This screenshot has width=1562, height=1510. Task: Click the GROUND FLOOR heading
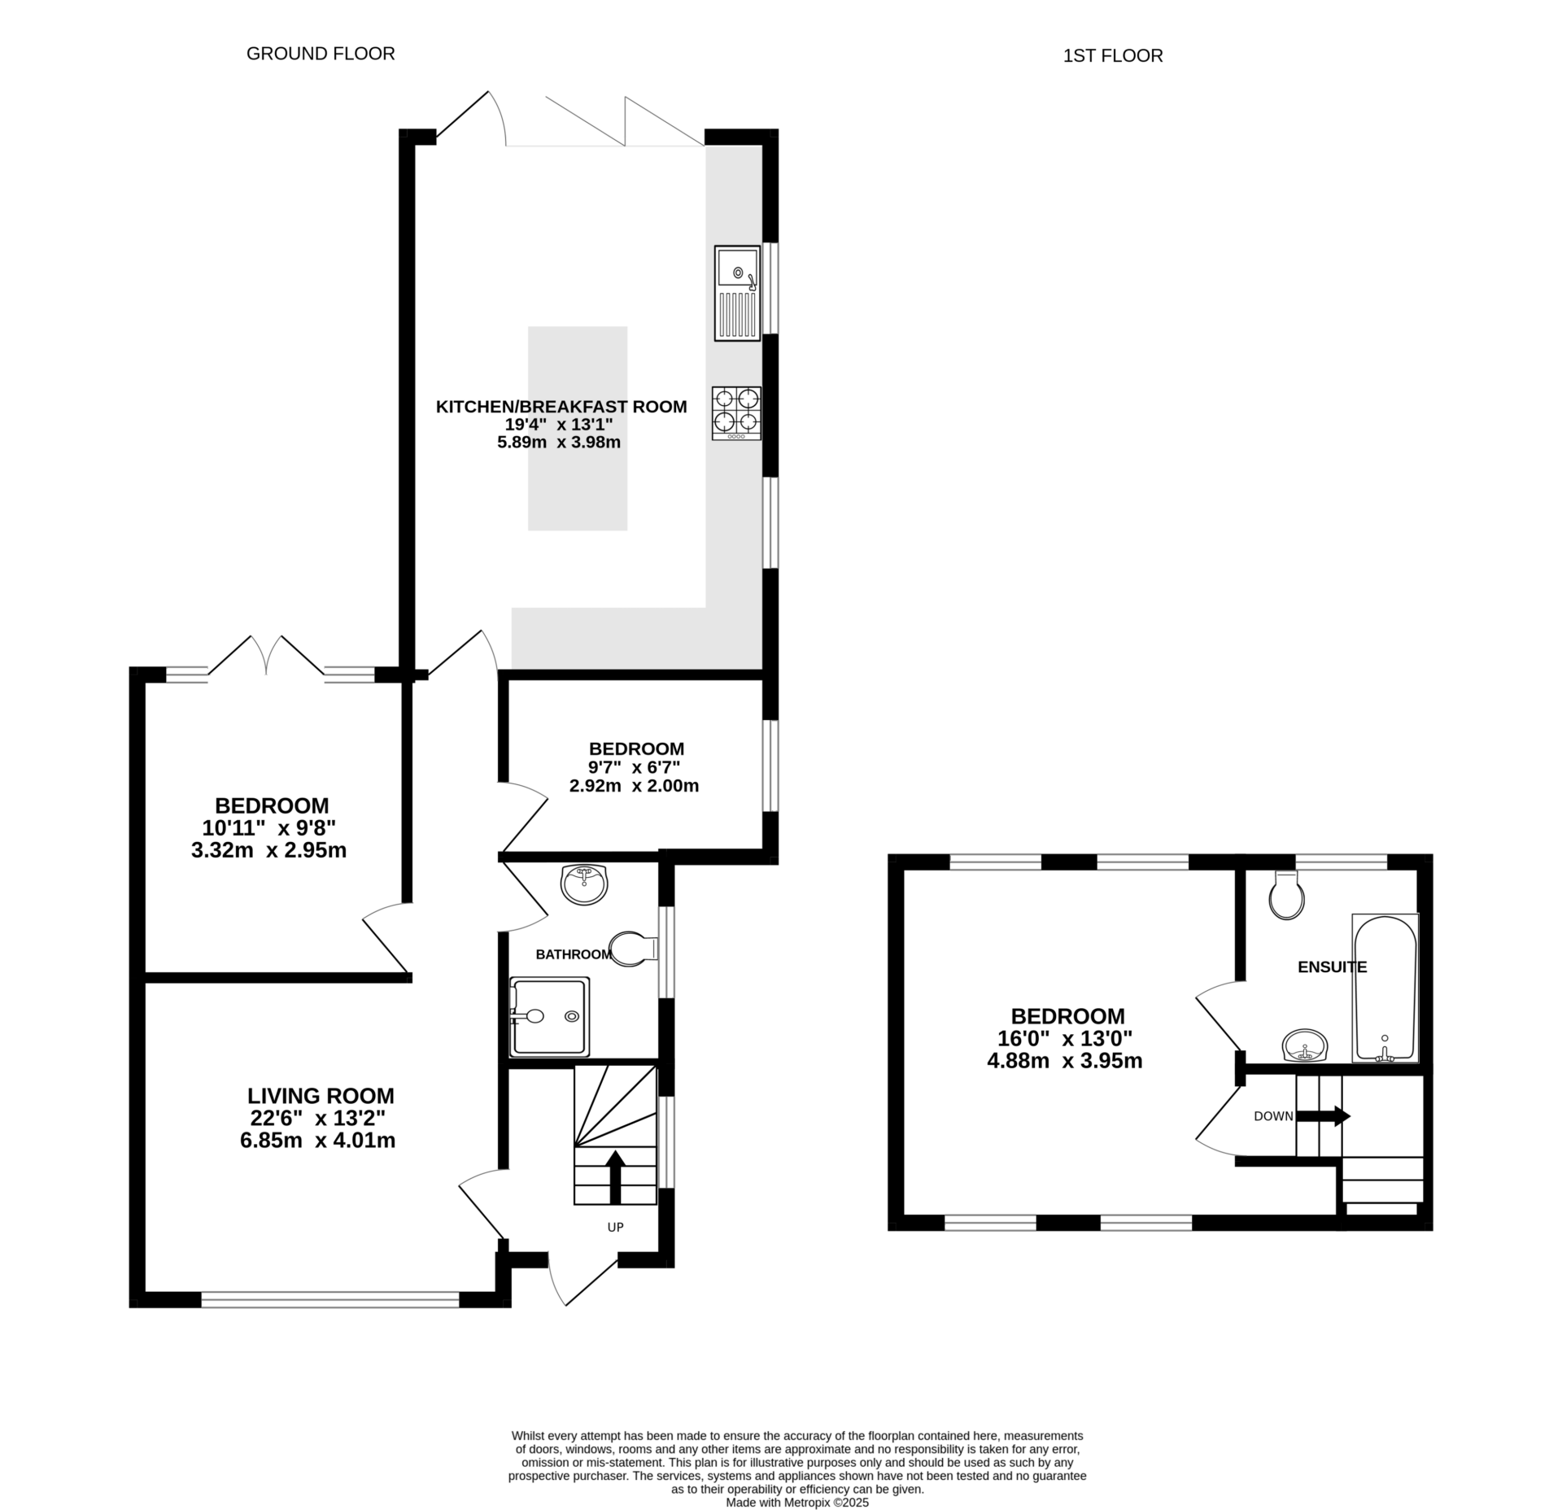click(321, 54)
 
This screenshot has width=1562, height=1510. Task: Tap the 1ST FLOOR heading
click(1113, 55)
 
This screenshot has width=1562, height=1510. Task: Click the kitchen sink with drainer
click(737, 293)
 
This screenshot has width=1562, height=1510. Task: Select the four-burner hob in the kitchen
click(736, 413)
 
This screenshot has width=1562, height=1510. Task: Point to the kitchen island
click(578, 428)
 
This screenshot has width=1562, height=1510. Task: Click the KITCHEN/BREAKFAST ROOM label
click(561, 407)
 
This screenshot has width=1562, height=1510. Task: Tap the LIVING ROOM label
click(321, 1096)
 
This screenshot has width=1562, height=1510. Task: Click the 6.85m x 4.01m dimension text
click(317, 1141)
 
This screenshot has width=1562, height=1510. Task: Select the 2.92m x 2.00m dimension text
click(634, 786)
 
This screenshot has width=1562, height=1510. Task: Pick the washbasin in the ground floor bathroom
click(584, 884)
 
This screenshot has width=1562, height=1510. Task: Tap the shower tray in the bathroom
click(548, 1015)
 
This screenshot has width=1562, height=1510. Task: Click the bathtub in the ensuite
click(1385, 988)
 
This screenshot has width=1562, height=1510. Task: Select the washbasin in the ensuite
click(1305, 1045)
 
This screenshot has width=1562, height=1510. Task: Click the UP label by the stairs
click(615, 1227)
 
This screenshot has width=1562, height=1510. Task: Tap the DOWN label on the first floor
click(1273, 1116)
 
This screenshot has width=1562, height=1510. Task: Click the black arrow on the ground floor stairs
click(615, 1177)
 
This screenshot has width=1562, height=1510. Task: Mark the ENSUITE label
click(1332, 967)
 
